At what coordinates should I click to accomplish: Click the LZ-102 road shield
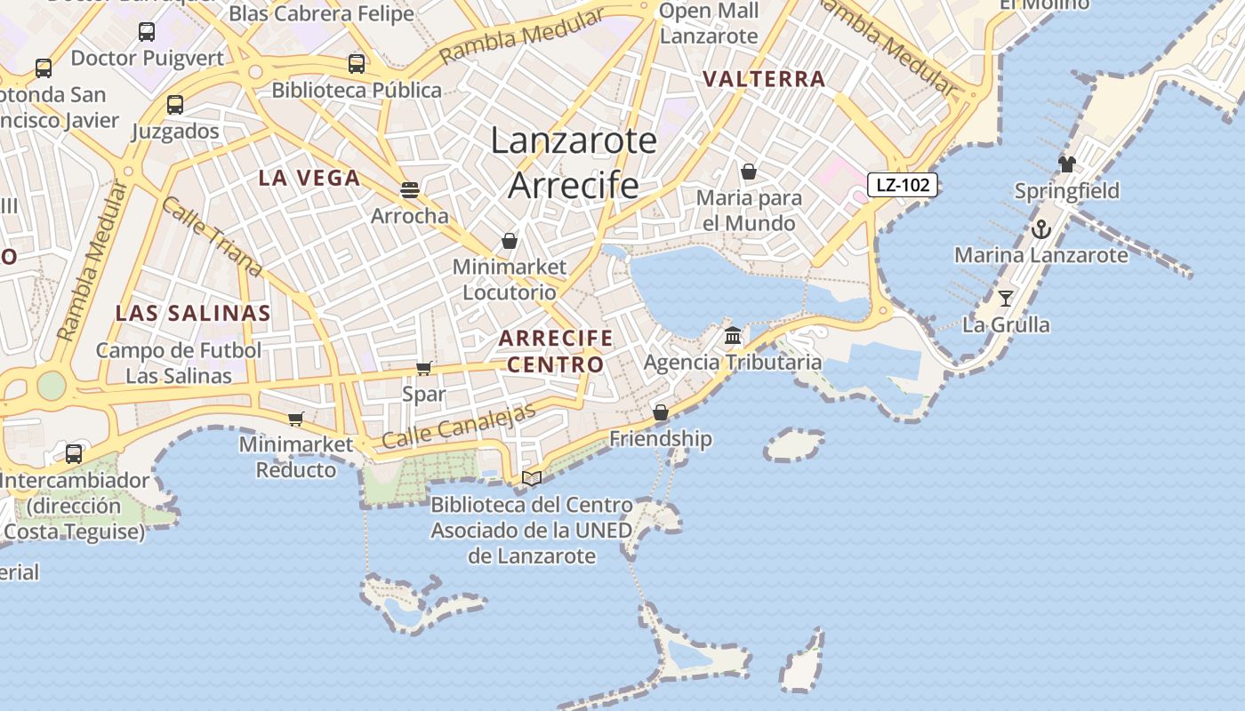coord(903,185)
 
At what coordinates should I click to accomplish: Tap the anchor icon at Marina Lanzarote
coord(1041,229)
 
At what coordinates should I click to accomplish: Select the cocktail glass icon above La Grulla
coord(1006,299)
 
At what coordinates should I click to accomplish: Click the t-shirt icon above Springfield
coord(1067,164)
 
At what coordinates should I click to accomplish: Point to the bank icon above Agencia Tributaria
coord(733,335)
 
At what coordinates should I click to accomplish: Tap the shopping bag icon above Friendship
coord(661,412)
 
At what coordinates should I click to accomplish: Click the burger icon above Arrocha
coord(410,189)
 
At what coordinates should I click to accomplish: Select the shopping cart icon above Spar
coord(424,368)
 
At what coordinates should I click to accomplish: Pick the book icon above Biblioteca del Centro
coord(532,478)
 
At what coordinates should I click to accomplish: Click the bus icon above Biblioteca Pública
coord(357,64)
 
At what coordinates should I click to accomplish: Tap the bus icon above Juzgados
coord(175,105)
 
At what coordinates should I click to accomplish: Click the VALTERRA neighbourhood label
coord(764,79)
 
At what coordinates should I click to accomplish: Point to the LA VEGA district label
coord(309,178)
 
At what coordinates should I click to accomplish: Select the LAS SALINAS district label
coord(193,313)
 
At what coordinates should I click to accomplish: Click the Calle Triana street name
coord(212,236)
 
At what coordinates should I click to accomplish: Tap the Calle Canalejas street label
coord(459,426)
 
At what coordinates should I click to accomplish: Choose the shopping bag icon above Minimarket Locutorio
coord(510,241)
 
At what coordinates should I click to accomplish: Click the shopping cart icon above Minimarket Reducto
coord(296,419)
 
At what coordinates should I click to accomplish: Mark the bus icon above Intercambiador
coord(74,454)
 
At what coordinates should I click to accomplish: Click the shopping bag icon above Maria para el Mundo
coord(749,172)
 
